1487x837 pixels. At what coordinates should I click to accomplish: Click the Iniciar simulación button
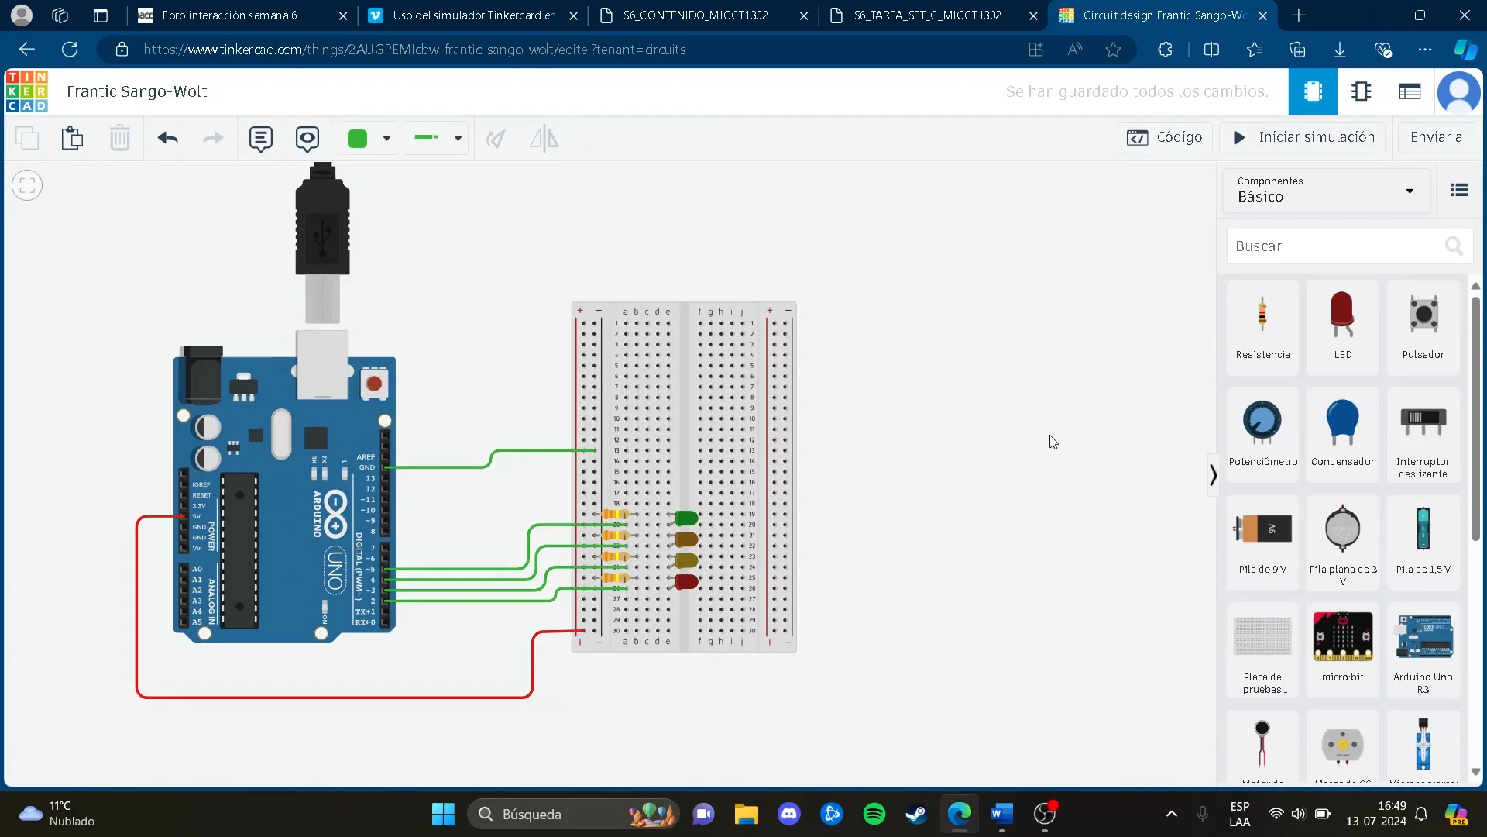click(x=1303, y=137)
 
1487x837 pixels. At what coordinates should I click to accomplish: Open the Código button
click(x=1165, y=137)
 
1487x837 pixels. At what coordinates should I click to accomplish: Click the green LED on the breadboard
click(x=686, y=518)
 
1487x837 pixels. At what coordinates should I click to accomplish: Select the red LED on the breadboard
click(x=686, y=581)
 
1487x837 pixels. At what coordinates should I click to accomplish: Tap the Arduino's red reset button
click(x=374, y=384)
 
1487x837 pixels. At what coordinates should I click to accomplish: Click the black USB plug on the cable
click(x=322, y=225)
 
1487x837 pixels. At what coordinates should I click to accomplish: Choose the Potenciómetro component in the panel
click(x=1262, y=434)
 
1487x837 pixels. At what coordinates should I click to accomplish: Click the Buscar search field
click(x=1336, y=246)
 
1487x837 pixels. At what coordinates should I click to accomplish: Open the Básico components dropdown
click(x=1326, y=190)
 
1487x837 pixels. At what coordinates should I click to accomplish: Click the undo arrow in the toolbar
click(x=167, y=139)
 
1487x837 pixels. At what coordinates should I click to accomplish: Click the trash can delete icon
click(x=119, y=139)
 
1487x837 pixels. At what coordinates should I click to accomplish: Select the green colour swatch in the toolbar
click(x=358, y=139)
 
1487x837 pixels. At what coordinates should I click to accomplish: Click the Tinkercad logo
click(x=27, y=91)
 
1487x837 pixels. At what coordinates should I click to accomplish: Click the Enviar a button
click(x=1436, y=137)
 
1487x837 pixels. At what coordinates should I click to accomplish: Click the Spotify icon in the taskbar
click(x=874, y=814)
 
